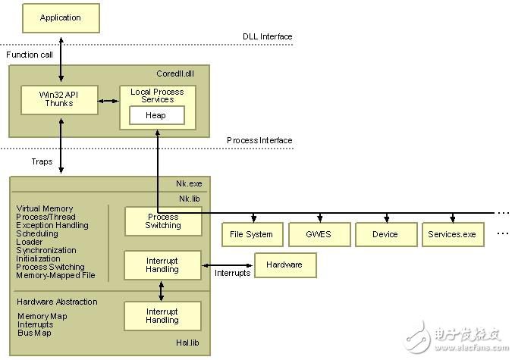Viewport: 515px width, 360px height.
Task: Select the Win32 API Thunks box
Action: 58,99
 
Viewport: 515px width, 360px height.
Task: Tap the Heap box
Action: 156,115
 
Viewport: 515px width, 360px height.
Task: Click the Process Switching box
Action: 163,221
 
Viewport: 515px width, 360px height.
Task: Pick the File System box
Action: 251,234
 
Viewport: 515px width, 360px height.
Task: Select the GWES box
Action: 318,234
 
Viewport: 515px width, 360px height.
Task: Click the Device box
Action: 385,234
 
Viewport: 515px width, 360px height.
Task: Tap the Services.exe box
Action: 451,234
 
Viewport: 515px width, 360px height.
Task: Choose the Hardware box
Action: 285,265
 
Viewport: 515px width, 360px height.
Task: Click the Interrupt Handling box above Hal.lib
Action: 163,316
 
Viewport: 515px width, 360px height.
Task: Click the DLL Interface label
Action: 267,36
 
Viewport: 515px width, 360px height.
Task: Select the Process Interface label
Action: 259,140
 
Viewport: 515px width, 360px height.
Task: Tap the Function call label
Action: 29,55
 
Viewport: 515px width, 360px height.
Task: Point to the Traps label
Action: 42,161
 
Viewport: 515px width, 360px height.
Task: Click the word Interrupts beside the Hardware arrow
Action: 232,274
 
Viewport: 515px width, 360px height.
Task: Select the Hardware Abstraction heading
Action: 57,302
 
